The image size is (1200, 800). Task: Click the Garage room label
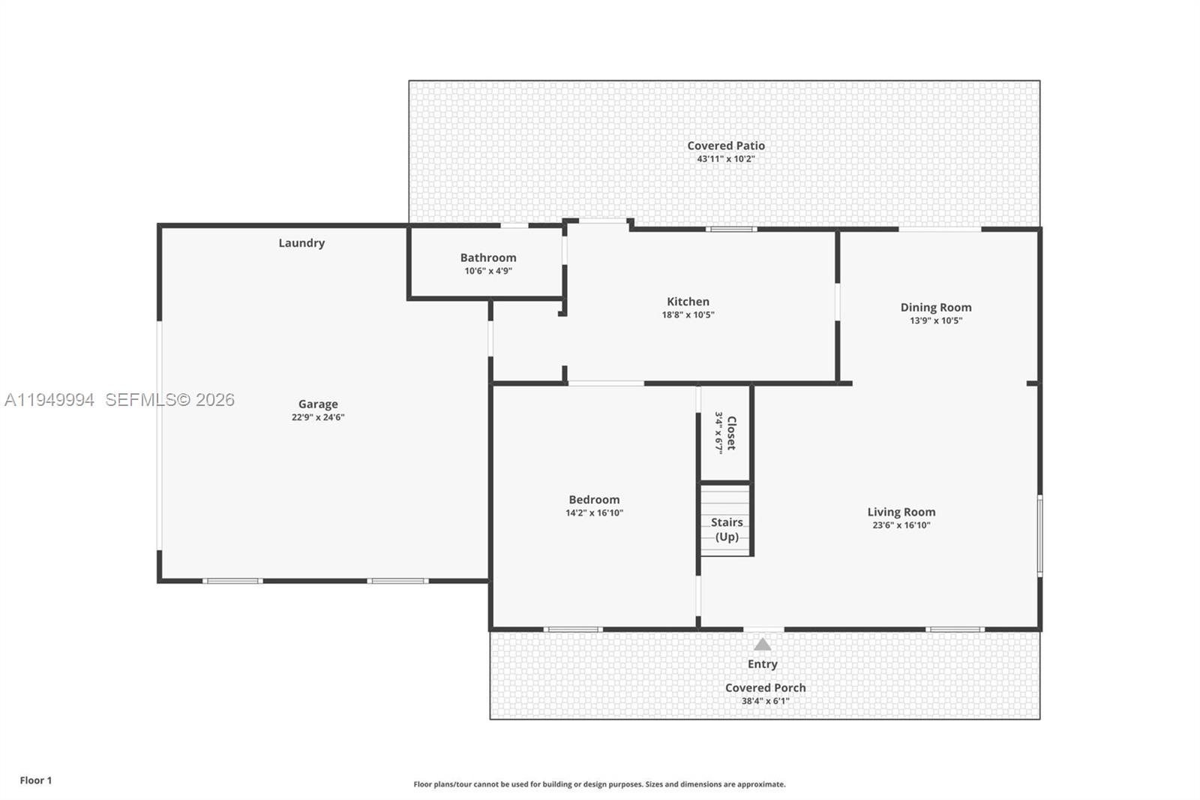pyautogui.click(x=318, y=404)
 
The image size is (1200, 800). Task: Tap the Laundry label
pyautogui.click(x=301, y=243)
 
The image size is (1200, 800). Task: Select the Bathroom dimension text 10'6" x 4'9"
pyautogui.click(x=488, y=271)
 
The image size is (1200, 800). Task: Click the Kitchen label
pyautogui.click(x=688, y=302)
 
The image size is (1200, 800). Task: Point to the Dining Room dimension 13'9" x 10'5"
pyautogui.click(x=936, y=320)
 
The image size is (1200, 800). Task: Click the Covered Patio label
pyautogui.click(x=726, y=146)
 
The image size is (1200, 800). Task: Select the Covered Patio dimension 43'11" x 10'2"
pyautogui.click(x=726, y=159)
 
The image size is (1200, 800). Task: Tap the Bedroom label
pyautogui.click(x=594, y=500)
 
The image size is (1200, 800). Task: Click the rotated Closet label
pyautogui.click(x=731, y=433)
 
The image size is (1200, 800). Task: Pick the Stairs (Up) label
pyautogui.click(x=727, y=529)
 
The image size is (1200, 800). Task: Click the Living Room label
pyautogui.click(x=901, y=512)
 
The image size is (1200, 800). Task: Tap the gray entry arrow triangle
pyautogui.click(x=762, y=645)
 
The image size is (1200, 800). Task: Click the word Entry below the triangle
pyautogui.click(x=762, y=664)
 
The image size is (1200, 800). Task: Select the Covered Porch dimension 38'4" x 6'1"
pyautogui.click(x=765, y=702)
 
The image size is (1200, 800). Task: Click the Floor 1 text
pyautogui.click(x=36, y=780)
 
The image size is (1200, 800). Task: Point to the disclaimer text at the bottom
pyautogui.click(x=599, y=784)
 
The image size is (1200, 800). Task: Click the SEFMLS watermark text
pyautogui.click(x=169, y=400)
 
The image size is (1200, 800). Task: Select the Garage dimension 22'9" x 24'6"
pyautogui.click(x=318, y=417)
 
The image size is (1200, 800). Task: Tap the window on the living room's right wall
pyautogui.click(x=1039, y=535)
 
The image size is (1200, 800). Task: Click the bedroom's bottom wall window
pyautogui.click(x=573, y=629)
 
